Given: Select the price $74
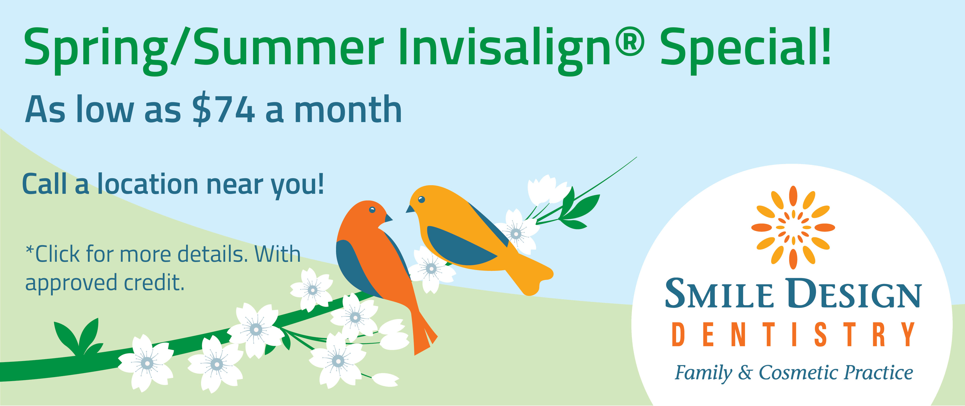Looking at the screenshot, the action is pyautogui.click(x=224, y=109).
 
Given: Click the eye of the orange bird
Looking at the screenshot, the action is pyautogui.click(x=372, y=209).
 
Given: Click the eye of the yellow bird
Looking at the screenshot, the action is pyautogui.click(x=421, y=199).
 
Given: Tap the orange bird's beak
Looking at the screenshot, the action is pyautogui.click(x=389, y=218).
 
